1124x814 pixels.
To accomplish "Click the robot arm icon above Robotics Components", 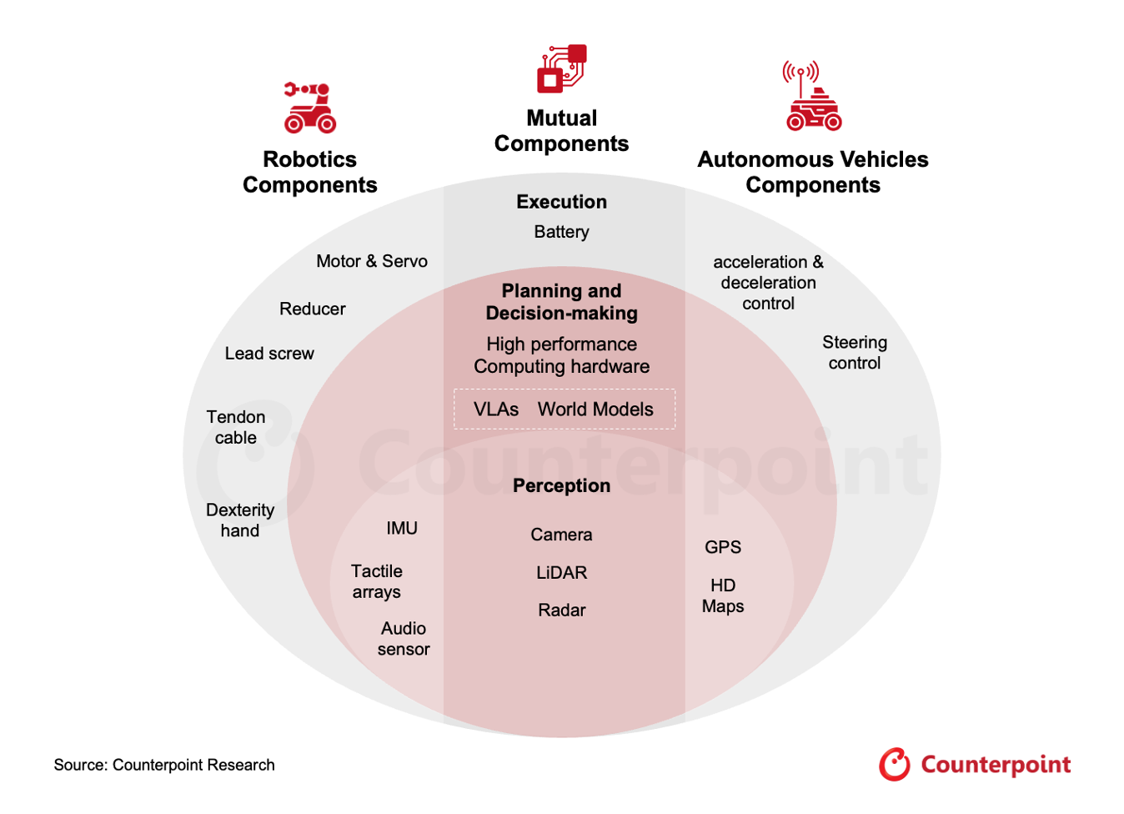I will (x=309, y=108).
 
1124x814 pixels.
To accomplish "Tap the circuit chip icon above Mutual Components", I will (x=561, y=68).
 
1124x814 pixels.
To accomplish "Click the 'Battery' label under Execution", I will (x=561, y=232).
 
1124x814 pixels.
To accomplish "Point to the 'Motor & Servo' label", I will (x=372, y=261).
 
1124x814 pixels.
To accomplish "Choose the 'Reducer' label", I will (x=312, y=309).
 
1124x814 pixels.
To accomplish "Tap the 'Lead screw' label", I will (x=269, y=354).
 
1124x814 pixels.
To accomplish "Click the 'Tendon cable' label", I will (x=236, y=427).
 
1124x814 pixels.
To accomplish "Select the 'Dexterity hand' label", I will (x=240, y=520).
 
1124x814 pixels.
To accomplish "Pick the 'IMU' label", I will (x=402, y=528).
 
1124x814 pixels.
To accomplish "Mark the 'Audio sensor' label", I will (x=404, y=639).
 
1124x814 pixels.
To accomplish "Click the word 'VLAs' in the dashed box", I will (x=496, y=410).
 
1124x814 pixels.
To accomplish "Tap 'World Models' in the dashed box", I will (x=595, y=410).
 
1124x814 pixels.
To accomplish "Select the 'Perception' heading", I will (x=561, y=485).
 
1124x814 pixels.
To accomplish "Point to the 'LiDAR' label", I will (x=561, y=572).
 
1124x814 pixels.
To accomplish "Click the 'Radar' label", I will (x=561, y=610).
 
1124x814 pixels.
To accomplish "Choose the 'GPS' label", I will (x=723, y=547).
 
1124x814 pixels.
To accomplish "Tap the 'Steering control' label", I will (x=855, y=352).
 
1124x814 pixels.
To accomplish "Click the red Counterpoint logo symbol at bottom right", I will (x=895, y=765).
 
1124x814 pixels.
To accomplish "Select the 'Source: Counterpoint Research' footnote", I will (x=164, y=765).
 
